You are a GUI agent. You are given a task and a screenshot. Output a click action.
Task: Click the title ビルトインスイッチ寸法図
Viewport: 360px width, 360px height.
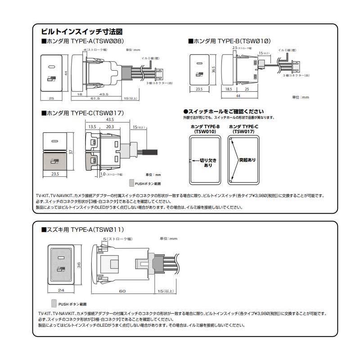[81, 32]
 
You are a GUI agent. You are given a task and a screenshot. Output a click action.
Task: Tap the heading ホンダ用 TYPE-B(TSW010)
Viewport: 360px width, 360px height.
[229, 41]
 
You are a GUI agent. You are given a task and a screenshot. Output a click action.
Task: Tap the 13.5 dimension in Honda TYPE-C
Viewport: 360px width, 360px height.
[92, 127]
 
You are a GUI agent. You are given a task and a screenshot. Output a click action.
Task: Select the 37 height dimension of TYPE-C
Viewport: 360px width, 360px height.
[71, 152]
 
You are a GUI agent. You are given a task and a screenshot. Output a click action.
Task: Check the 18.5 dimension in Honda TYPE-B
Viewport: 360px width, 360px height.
[229, 90]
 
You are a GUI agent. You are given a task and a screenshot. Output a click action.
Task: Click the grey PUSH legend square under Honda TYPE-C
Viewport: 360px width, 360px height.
[131, 183]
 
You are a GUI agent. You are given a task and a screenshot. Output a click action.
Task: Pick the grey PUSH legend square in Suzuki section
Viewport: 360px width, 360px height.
[54, 303]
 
